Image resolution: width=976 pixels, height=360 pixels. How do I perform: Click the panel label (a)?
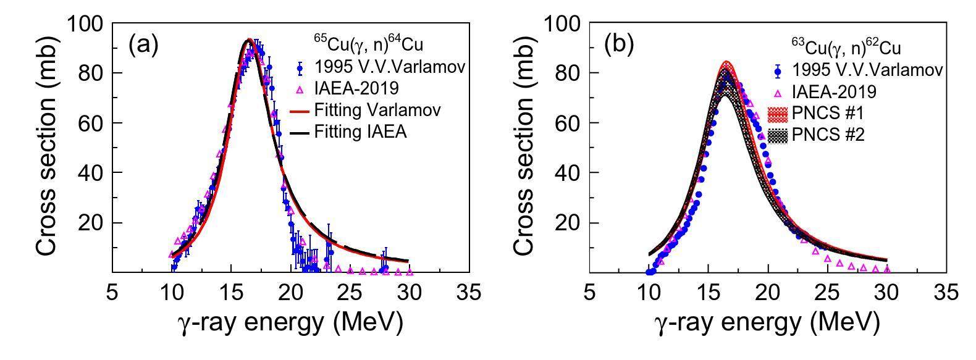click(x=143, y=46)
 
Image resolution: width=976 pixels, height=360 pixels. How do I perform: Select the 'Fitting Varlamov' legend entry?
click(x=377, y=111)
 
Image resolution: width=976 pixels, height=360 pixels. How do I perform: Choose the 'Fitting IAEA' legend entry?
click(x=360, y=131)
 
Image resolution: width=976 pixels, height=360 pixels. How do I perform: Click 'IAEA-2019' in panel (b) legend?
click(x=835, y=91)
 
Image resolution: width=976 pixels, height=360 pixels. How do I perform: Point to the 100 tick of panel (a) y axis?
click(x=88, y=23)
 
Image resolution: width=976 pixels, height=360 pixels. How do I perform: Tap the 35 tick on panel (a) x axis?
click(x=469, y=291)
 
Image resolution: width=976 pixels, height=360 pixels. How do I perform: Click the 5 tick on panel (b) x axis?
click(x=590, y=291)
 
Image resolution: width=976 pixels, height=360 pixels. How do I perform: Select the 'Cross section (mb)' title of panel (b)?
click(x=523, y=148)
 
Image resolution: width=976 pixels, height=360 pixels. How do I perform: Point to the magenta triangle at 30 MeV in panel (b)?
click(x=887, y=270)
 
